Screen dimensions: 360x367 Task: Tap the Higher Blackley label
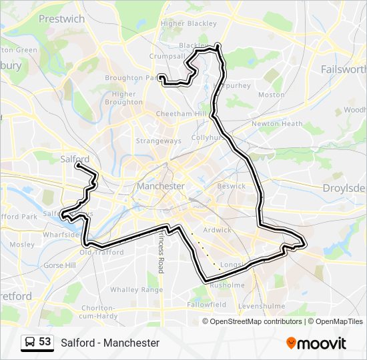click(x=189, y=23)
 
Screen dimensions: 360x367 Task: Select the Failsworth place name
click(x=344, y=69)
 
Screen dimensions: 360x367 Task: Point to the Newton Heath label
click(x=277, y=123)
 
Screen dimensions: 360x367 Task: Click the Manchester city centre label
click(x=160, y=186)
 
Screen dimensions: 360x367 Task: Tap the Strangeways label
click(x=158, y=141)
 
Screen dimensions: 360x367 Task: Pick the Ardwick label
click(x=217, y=230)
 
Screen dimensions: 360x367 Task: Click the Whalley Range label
click(x=136, y=289)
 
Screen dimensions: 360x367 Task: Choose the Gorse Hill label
click(x=59, y=265)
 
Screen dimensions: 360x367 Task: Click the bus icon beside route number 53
click(x=30, y=342)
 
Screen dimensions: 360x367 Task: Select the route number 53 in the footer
click(x=45, y=342)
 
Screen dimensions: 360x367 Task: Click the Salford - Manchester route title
click(x=110, y=343)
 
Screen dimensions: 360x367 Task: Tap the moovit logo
click(x=316, y=343)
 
